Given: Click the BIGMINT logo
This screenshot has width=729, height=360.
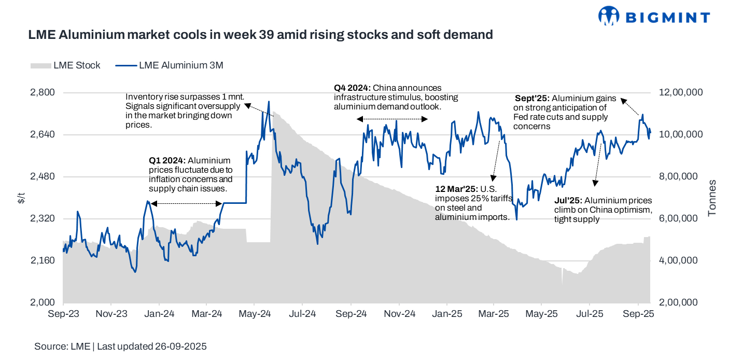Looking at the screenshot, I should click(654, 17).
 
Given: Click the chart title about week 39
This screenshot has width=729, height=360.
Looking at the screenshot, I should click(260, 35).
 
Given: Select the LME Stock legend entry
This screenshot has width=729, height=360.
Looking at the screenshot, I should click(66, 65).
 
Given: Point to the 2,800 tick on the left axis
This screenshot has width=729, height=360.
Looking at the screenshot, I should click(44, 92).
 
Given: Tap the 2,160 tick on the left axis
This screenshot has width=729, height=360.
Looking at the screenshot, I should click(44, 260).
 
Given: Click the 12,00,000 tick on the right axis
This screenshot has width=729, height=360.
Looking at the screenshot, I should click(680, 92).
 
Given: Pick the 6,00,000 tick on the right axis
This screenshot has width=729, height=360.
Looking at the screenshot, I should click(680, 218).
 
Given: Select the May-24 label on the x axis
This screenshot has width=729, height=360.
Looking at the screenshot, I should click(254, 314).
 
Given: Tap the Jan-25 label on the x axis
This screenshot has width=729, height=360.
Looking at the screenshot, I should click(446, 314).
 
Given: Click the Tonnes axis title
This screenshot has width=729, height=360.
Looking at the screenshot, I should click(712, 198).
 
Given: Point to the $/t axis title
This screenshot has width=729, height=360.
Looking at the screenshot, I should click(21, 198).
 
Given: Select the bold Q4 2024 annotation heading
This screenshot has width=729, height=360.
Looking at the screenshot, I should click(352, 88).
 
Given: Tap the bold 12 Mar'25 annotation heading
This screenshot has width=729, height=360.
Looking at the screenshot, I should click(457, 189).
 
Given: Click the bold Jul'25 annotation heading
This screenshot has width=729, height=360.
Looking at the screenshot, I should click(568, 201).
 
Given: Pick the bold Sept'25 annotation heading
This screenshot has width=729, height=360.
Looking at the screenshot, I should click(532, 99).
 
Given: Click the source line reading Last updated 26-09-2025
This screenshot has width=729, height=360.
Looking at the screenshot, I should click(120, 347).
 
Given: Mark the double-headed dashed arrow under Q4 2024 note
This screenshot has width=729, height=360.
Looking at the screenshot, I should click(392, 119).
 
